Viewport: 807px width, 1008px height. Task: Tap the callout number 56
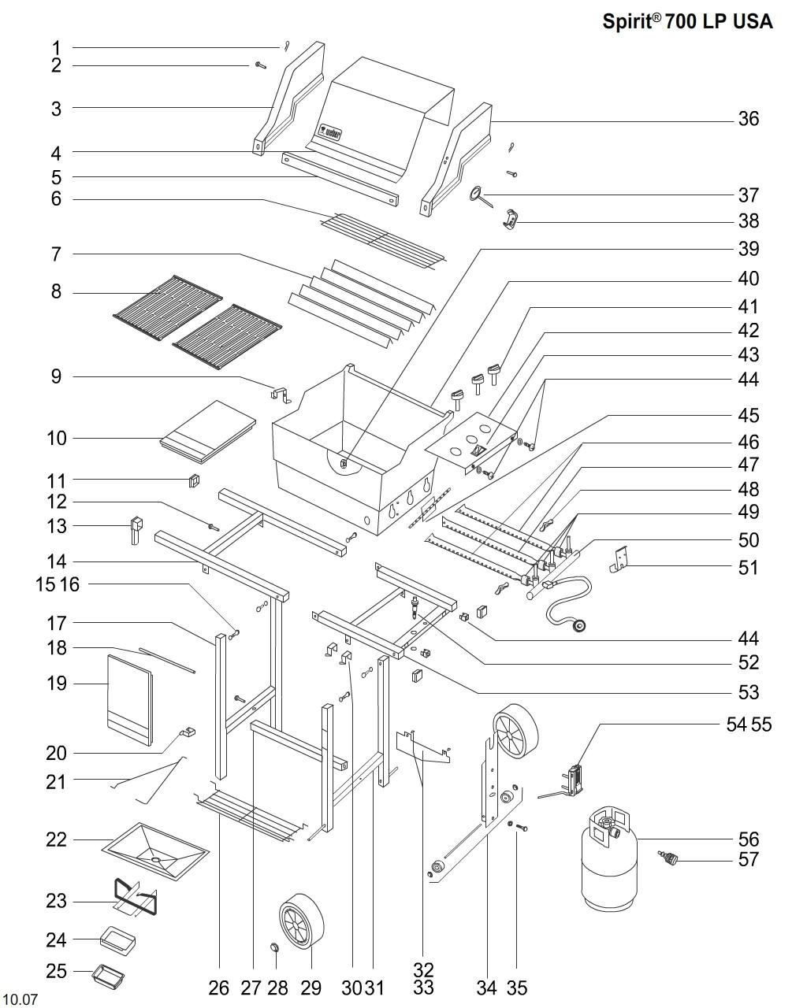pyautogui.click(x=748, y=839)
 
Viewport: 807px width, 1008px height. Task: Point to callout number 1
pyautogui.click(x=56, y=47)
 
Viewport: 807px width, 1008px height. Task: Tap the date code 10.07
pyautogui.click(x=20, y=999)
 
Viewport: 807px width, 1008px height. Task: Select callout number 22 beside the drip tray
pyautogui.click(x=55, y=839)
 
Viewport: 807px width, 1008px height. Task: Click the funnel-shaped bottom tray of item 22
pyautogui.click(x=156, y=851)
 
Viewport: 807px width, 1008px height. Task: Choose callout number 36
pyautogui.click(x=748, y=119)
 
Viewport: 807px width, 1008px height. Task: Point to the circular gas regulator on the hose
pyautogui.click(x=582, y=627)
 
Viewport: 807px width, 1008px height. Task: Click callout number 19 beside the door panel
pyautogui.click(x=56, y=683)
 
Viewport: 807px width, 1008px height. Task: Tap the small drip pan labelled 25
pyautogui.click(x=109, y=976)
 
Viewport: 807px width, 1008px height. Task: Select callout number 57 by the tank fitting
pyautogui.click(x=748, y=859)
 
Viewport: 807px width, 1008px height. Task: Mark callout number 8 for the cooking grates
pyautogui.click(x=56, y=292)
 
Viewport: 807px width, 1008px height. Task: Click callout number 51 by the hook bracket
pyautogui.click(x=748, y=567)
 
